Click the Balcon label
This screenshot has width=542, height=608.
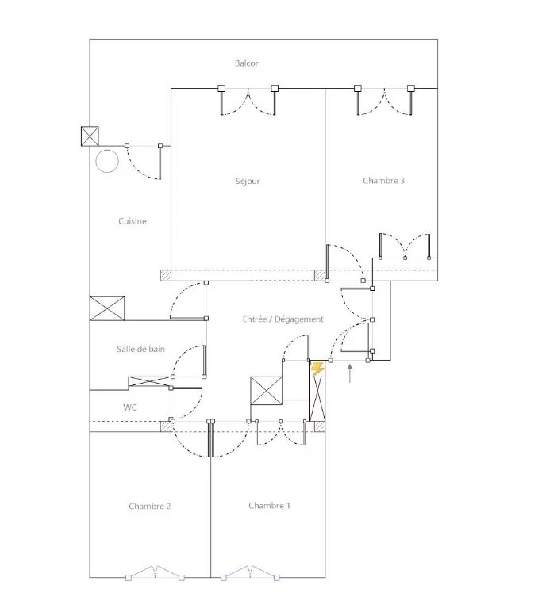point(248,63)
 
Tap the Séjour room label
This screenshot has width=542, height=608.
point(248,181)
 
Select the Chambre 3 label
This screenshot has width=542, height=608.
point(383,181)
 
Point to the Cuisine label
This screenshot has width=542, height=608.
point(133,221)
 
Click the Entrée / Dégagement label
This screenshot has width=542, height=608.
point(283,319)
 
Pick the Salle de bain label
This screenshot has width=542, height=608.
point(141,349)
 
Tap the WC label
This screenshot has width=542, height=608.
point(130,407)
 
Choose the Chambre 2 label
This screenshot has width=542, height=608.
point(149,506)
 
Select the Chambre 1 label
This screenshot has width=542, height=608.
point(269,506)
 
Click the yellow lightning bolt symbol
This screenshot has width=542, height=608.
point(318,369)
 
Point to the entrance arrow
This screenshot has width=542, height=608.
point(350,373)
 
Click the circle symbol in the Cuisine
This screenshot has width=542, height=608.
point(107,161)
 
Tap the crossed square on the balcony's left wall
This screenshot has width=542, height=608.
point(90,136)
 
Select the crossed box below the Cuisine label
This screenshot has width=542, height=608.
point(107,308)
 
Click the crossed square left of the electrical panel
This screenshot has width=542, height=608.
point(267,391)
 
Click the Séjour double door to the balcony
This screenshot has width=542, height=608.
point(248,100)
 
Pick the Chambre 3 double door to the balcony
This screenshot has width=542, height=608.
point(384,100)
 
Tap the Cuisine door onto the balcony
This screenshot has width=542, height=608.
point(144,162)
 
